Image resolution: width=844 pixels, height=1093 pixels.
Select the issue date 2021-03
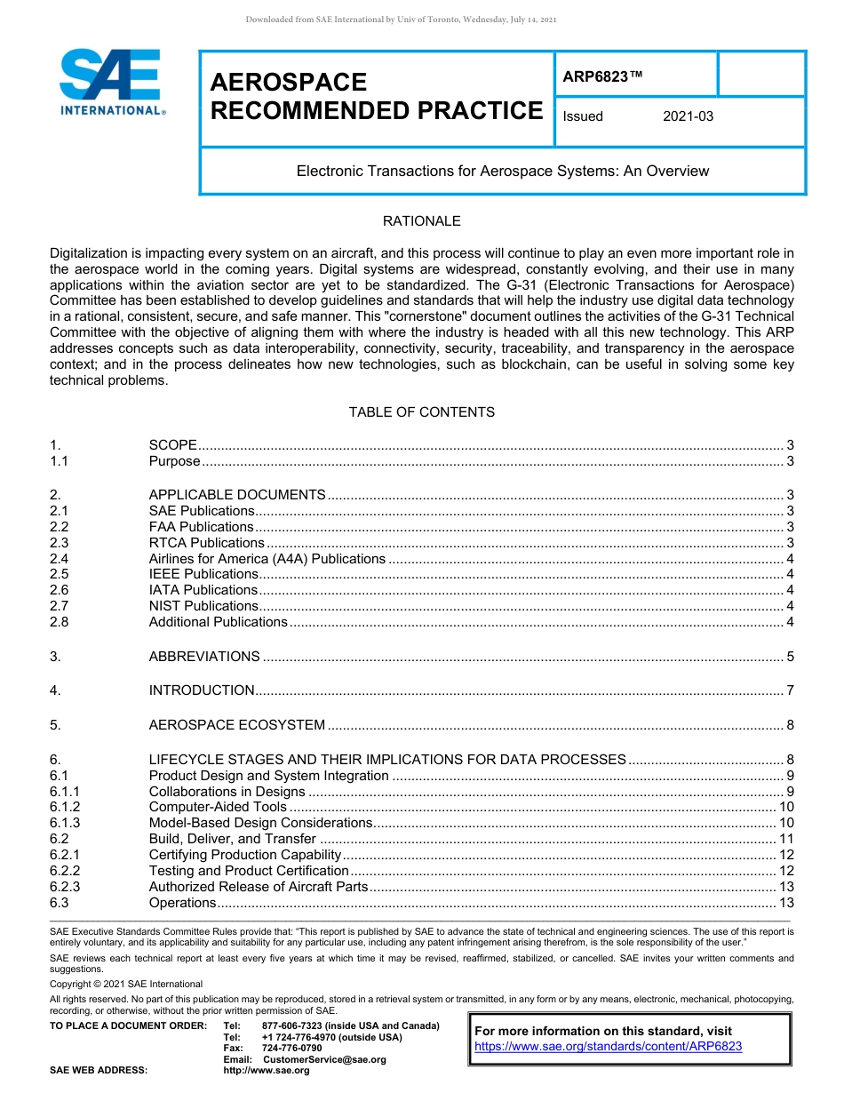click(x=688, y=116)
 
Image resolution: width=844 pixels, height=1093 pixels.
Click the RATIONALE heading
click(x=421, y=221)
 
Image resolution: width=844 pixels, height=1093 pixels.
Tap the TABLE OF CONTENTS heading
click(x=421, y=412)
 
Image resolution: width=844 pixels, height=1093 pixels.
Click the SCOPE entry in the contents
click(x=172, y=445)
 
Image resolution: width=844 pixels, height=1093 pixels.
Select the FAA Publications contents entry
click(x=201, y=527)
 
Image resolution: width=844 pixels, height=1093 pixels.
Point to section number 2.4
click(x=60, y=559)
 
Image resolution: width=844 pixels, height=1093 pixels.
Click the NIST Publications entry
click(x=203, y=606)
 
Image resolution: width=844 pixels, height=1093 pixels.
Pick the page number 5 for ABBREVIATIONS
click(x=790, y=657)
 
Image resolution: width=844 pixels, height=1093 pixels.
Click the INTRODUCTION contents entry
click(x=202, y=690)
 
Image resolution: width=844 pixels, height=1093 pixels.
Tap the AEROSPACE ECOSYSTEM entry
click(x=236, y=725)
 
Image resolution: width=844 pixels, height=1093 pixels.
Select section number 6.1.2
click(x=65, y=807)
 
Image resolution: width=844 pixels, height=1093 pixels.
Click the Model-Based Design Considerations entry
click(x=260, y=823)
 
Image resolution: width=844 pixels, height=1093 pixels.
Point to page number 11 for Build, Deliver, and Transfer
click(x=786, y=839)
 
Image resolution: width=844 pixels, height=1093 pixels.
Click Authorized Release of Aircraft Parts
click(x=258, y=887)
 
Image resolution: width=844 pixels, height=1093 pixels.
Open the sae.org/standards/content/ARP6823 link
click(x=608, y=1047)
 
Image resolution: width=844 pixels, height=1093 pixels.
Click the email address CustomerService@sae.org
click(x=324, y=1059)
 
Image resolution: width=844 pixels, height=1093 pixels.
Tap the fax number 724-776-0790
click(x=291, y=1049)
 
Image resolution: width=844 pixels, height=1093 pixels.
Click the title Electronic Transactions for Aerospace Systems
click(x=502, y=171)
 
